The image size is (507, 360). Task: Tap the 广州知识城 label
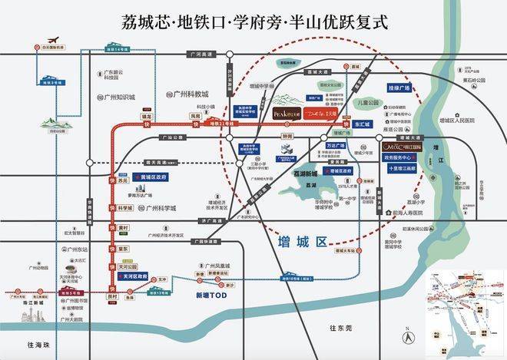pos(117,97)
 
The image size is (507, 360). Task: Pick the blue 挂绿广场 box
pos(396,88)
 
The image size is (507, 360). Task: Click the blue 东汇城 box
pos(362,124)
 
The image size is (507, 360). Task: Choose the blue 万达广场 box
pos(336,144)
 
